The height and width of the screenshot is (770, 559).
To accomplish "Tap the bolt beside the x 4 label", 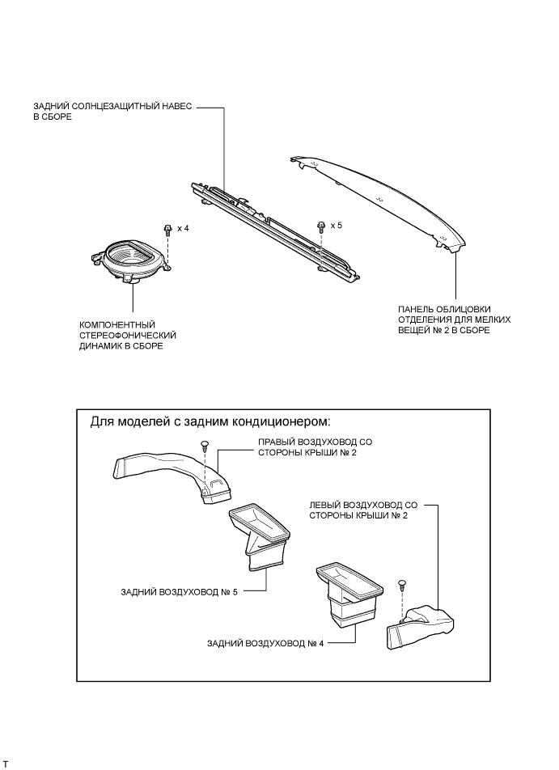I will pyautogui.click(x=167, y=230).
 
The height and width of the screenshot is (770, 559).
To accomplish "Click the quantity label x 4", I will pyautogui.click(x=183, y=230).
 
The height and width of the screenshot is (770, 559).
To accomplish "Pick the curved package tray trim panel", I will pyautogui.click(x=380, y=198).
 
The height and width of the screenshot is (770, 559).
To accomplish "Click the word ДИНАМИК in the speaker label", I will pyautogui.click(x=99, y=345).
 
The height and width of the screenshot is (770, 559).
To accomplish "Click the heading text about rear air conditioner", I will pyautogui.click(x=210, y=423).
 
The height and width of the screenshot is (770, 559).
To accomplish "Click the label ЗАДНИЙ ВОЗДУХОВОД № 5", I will pyautogui.click(x=180, y=591).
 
